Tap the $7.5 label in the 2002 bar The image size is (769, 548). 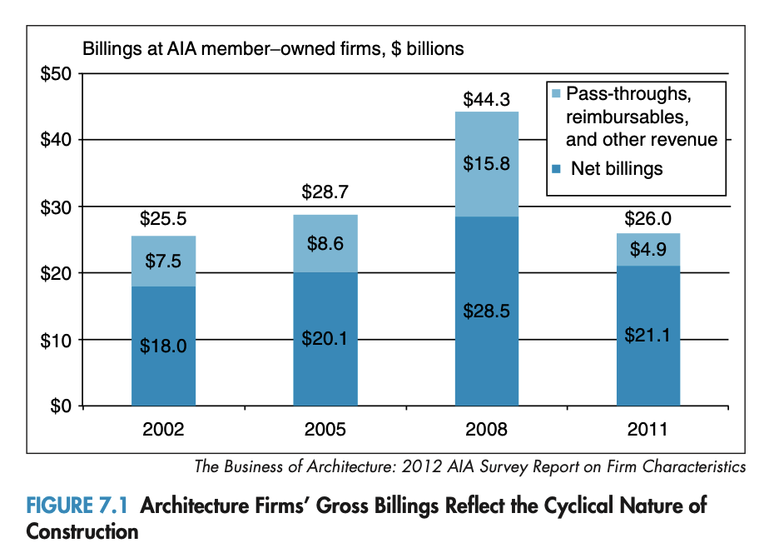tap(163, 261)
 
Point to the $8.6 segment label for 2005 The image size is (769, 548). tap(325, 244)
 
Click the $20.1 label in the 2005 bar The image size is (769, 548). tap(325, 340)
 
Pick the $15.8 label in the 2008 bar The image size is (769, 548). tap(486, 163)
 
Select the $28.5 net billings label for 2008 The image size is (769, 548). tap(486, 311)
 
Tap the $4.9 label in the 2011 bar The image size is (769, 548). tap(647, 250)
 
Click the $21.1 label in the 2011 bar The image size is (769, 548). tap(647, 336)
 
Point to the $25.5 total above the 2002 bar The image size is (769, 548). tap(163, 221)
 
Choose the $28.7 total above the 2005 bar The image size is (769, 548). tap(325, 192)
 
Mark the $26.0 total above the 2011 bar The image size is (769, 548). tap(647, 219)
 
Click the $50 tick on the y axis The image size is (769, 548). tap(57, 73)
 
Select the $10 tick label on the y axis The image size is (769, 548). tap(57, 340)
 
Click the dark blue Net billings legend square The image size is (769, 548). tap(557, 170)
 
